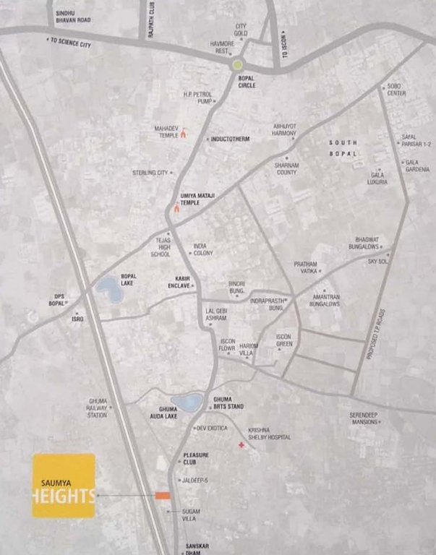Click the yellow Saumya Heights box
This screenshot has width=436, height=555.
pyautogui.click(x=64, y=486)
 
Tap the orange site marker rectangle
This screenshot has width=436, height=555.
pyautogui.click(x=161, y=496)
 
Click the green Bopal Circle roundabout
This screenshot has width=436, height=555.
pyautogui.click(x=238, y=65)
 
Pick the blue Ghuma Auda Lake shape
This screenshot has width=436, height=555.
pyautogui.click(x=187, y=403)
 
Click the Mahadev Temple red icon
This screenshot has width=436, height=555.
pyautogui.click(x=183, y=133)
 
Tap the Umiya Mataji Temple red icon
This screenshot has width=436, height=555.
pyautogui.click(x=176, y=210)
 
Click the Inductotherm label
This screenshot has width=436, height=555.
pyautogui.click(x=232, y=139)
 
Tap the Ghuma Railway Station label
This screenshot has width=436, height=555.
pyautogui.click(x=98, y=408)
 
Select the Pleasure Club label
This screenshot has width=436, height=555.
pyautogui.click(x=196, y=458)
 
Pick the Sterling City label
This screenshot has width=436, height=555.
pyautogui.click(x=150, y=173)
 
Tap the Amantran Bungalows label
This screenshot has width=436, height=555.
pyautogui.click(x=325, y=301)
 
